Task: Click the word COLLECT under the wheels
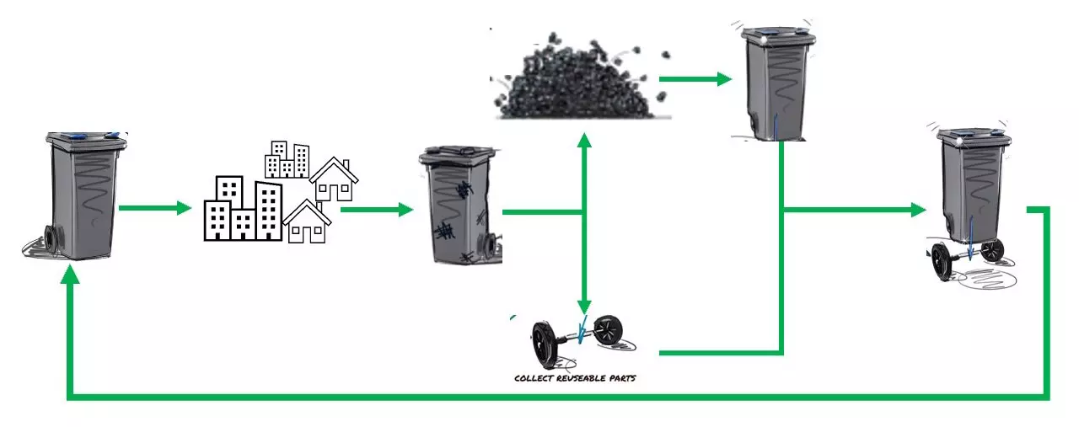(531, 379)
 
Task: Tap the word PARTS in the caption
(620, 379)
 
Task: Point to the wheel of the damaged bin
(487, 245)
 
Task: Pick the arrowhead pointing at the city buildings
(185, 208)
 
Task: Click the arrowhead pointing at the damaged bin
(406, 209)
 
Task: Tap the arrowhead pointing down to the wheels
(583, 306)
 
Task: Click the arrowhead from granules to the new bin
(722, 79)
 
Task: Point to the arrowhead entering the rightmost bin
(919, 211)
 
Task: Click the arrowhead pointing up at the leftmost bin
(71, 275)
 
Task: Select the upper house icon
(334, 179)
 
